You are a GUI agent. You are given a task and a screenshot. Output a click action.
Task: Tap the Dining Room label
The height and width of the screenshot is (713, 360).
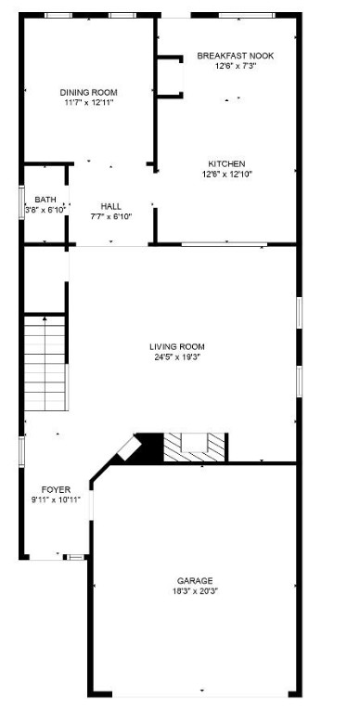tap(88, 92)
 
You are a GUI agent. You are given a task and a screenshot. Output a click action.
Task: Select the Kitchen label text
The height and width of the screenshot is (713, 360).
tap(227, 163)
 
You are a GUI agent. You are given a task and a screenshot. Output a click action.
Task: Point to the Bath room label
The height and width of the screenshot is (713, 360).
tap(45, 200)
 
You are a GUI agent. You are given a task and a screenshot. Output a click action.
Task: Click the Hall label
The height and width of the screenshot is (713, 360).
tap(110, 206)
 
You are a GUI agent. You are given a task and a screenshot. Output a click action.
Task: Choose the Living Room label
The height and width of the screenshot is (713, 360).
tap(177, 347)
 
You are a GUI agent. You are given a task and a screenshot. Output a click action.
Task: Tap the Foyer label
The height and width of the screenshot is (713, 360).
tap(56, 489)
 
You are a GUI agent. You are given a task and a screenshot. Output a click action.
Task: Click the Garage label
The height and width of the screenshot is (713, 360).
tap(196, 580)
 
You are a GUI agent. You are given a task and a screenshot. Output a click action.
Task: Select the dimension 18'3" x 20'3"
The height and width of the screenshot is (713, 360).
tap(196, 590)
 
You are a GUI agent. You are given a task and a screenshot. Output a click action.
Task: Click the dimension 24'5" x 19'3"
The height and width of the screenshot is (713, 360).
tap(177, 357)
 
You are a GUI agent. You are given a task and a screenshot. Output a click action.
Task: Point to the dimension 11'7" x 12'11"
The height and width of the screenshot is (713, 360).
tap(88, 102)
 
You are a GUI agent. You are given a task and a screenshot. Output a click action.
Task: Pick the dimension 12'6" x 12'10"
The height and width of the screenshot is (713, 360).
tap(227, 174)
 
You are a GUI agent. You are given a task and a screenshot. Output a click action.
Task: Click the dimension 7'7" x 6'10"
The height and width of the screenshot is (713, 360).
tap(110, 216)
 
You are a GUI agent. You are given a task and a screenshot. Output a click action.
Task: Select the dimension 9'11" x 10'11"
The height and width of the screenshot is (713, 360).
tap(56, 499)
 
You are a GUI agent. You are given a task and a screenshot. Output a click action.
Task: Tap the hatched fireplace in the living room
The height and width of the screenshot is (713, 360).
tap(195, 448)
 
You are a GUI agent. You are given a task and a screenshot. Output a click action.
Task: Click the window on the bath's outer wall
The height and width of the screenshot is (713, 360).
tap(22, 203)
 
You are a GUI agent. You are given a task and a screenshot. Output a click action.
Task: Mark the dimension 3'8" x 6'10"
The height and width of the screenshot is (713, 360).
tap(45, 210)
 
